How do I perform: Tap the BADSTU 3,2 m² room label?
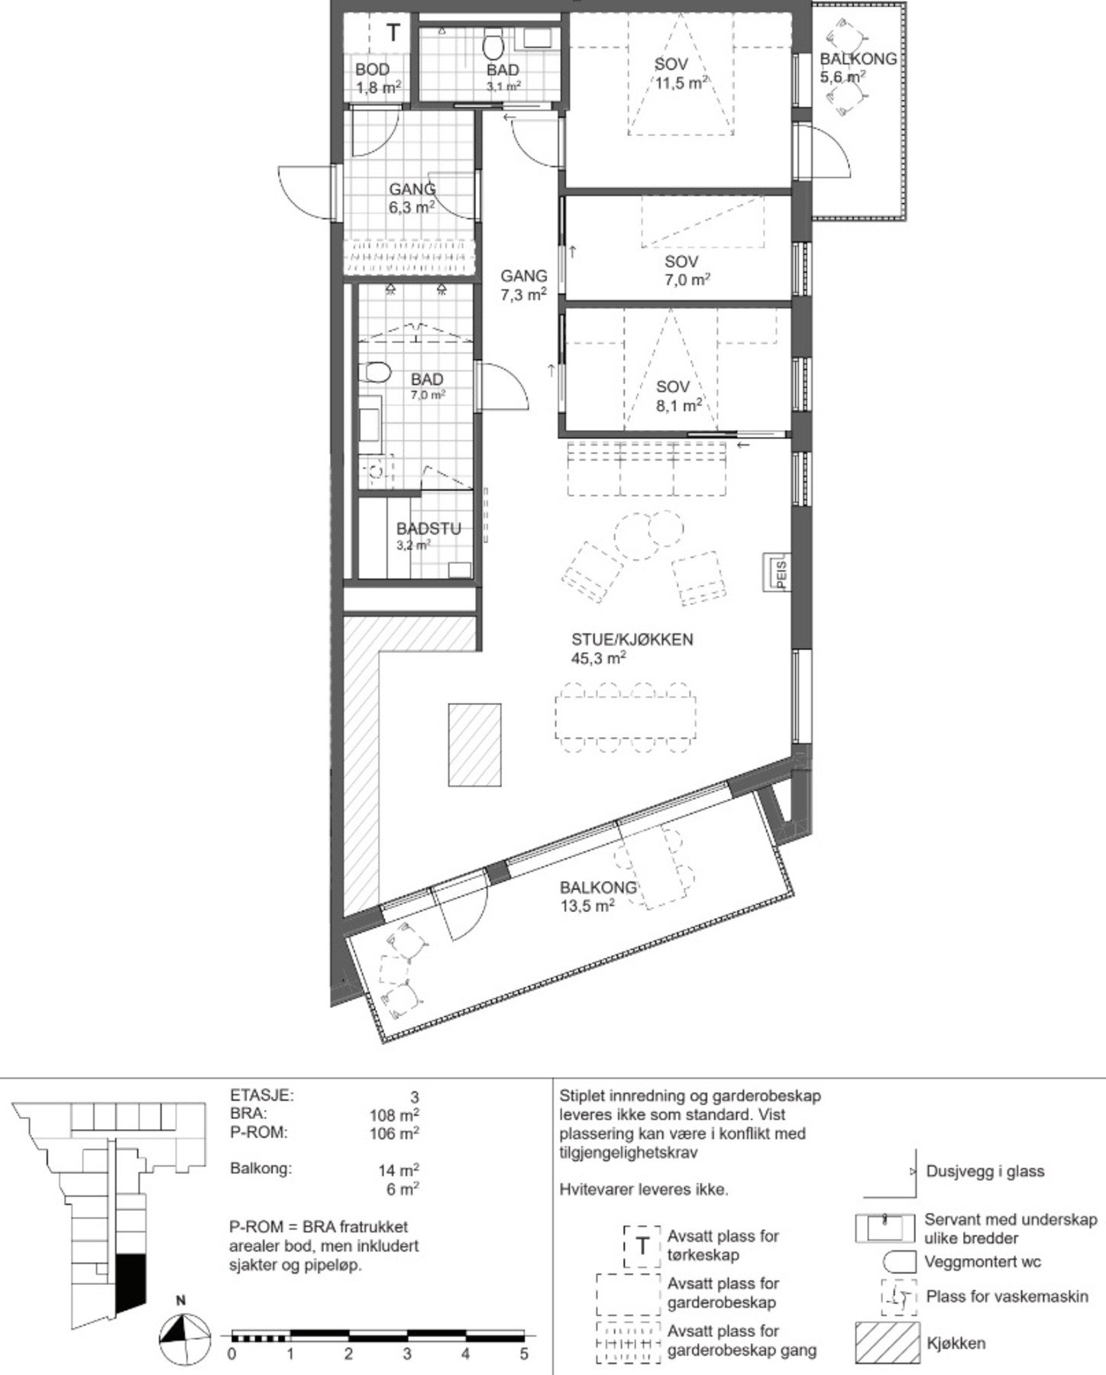[x=428, y=535]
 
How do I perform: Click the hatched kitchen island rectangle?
[x=474, y=745]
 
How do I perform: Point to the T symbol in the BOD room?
[x=393, y=33]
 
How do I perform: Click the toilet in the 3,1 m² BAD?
[x=493, y=45]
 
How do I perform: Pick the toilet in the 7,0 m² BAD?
[x=374, y=373]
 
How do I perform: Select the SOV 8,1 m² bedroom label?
[x=678, y=396]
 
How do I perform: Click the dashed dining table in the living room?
[x=626, y=716]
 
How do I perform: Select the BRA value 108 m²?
[x=393, y=1115]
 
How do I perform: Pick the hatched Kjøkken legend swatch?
[x=887, y=1343]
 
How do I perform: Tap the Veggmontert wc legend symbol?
[x=898, y=1262]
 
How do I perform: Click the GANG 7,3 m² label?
[x=523, y=285]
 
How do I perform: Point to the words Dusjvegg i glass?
[x=985, y=1171]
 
